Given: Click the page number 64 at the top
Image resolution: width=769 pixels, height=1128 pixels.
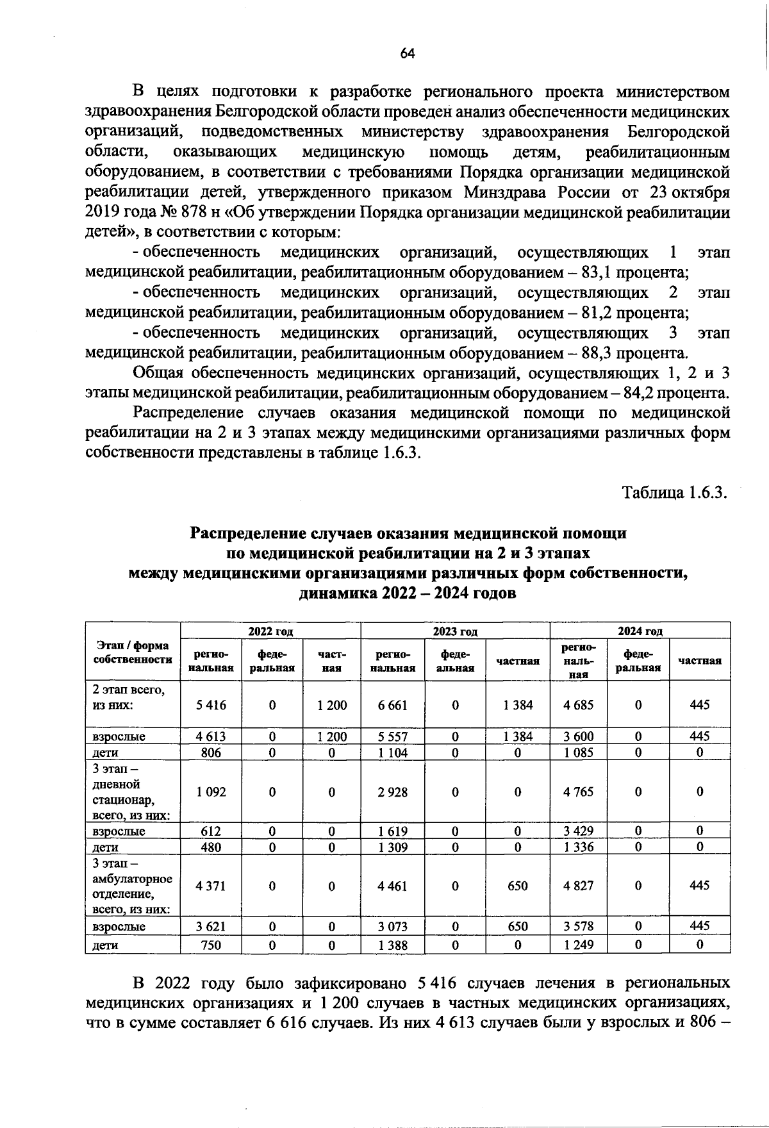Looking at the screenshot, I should [x=408, y=54].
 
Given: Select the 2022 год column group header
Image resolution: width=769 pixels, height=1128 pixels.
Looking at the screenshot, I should [x=270, y=631].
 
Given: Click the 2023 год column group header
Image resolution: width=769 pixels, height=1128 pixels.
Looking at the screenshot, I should [x=455, y=631].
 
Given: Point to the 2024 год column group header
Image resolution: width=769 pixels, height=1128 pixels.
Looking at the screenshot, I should [x=640, y=631].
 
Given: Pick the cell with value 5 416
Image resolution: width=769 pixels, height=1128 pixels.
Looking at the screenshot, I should [x=211, y=705].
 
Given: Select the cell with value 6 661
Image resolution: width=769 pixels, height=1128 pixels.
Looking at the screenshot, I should [x=393, y=705].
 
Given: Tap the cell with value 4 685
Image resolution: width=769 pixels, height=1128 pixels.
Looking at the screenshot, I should [x=578, y=705].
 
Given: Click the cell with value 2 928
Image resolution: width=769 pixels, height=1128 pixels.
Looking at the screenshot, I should [x=393, y=792].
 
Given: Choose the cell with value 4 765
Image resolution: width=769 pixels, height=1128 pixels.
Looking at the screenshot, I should [x=578, y=792].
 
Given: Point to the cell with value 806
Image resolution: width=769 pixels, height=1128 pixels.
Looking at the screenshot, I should [x=211, y=753].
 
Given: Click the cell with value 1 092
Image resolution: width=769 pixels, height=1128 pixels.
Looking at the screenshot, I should [x=211, y=792].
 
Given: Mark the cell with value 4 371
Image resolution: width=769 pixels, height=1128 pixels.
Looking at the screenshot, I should [x=211, y=886].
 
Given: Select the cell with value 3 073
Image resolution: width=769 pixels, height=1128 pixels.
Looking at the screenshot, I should [x=393, y=926].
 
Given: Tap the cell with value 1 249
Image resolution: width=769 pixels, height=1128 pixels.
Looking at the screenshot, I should [x=578, y=945].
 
